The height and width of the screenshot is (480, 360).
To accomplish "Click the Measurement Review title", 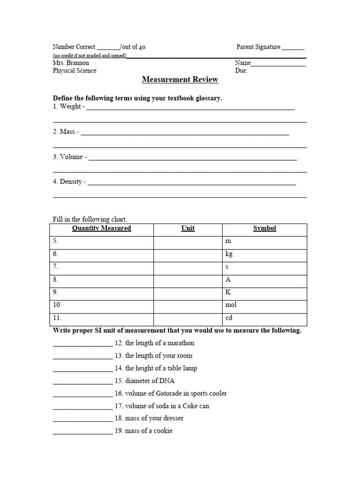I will point(180,80).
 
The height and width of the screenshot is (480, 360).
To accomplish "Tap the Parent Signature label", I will point(258,47).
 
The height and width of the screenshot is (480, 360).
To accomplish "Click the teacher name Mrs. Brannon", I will point(71,63).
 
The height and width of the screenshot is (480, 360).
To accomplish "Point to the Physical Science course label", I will point(75,71).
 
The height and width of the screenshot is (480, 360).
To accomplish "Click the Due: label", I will point(241,71).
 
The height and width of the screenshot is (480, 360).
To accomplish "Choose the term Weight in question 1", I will point(70,107).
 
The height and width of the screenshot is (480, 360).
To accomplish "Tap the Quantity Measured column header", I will point(101,228).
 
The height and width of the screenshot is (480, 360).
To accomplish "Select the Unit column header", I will point(188,228).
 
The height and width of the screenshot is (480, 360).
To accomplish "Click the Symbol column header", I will point(264,228).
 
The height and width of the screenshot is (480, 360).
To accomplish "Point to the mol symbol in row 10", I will point(231,305).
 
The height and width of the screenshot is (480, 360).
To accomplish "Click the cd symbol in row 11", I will point(229,318).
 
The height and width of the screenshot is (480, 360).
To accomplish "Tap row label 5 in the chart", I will point(55,241).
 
